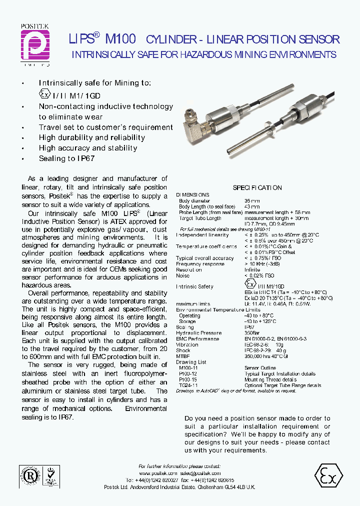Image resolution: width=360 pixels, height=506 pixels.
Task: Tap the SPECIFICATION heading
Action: (x=257, y=188)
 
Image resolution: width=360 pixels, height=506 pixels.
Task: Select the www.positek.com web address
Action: (x=158, y=473)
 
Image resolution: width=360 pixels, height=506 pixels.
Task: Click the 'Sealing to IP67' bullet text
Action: (x=66, y=158)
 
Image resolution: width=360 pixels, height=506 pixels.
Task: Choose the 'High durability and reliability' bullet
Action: (x=91, y=137)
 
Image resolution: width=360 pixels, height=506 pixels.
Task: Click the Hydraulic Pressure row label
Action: (x=198, y=333)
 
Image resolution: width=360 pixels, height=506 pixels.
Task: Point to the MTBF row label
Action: (x=182, y=356)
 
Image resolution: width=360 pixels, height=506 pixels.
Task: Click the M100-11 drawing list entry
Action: (x=188, y=368)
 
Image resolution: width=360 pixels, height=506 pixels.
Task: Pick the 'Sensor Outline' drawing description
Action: (x=260, y=368)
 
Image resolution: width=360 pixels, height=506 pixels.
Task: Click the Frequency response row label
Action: (x=200, y=264)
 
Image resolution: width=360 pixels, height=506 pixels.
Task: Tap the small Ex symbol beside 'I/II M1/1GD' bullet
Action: (x=45, y=94)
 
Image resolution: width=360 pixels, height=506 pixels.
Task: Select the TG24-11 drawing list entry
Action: (x=188, y=385)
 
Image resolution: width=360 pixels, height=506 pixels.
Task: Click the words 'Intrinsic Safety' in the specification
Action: (x=194, y=286)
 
